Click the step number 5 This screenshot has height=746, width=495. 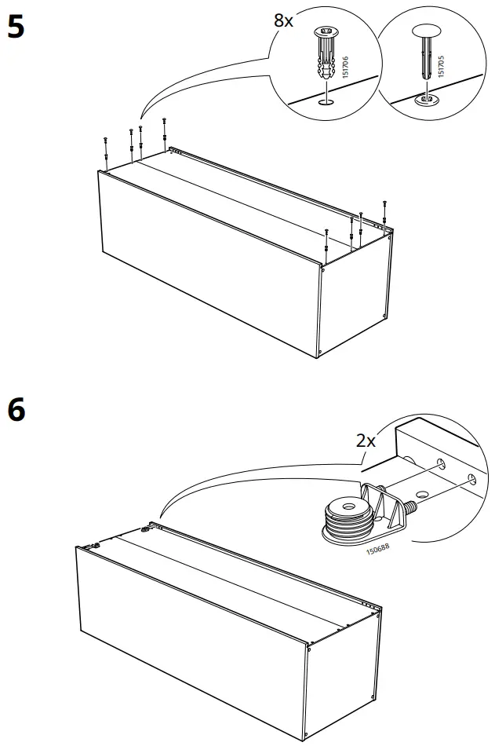point(16,27)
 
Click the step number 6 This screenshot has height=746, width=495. point(16,409)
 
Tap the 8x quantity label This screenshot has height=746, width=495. point(283,21)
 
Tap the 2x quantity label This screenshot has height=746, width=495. point(366,441)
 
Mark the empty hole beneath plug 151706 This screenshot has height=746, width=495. point(326,102)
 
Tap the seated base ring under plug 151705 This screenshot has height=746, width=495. point(425,100)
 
